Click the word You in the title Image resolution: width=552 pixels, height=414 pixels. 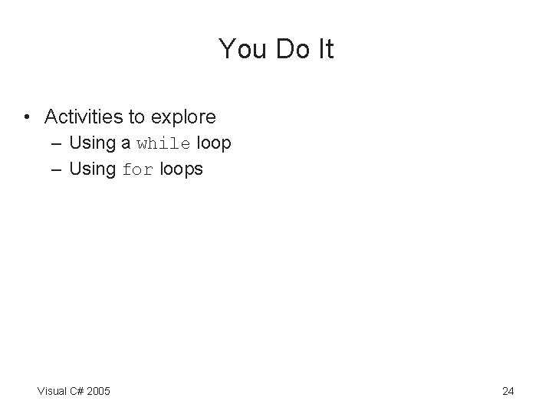point(238,49)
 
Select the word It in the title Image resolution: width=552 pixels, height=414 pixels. point(324,49)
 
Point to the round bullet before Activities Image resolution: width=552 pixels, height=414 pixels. point(28,117)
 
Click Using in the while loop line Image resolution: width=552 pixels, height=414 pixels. point(91,143)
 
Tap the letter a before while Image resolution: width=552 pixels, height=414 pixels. point(126,143)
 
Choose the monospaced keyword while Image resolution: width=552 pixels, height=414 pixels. point(164,143)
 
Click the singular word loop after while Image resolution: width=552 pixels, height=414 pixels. point(214,143)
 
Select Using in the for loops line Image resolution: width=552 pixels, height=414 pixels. point(91,169)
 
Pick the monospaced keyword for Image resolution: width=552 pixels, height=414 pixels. point(138,169)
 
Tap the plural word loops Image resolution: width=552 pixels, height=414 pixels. point(181,169)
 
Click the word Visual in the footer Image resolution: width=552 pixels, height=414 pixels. point(52,392)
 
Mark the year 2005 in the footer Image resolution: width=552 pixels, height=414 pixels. point(98,392)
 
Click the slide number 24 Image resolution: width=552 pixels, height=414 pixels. point(508,392)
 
